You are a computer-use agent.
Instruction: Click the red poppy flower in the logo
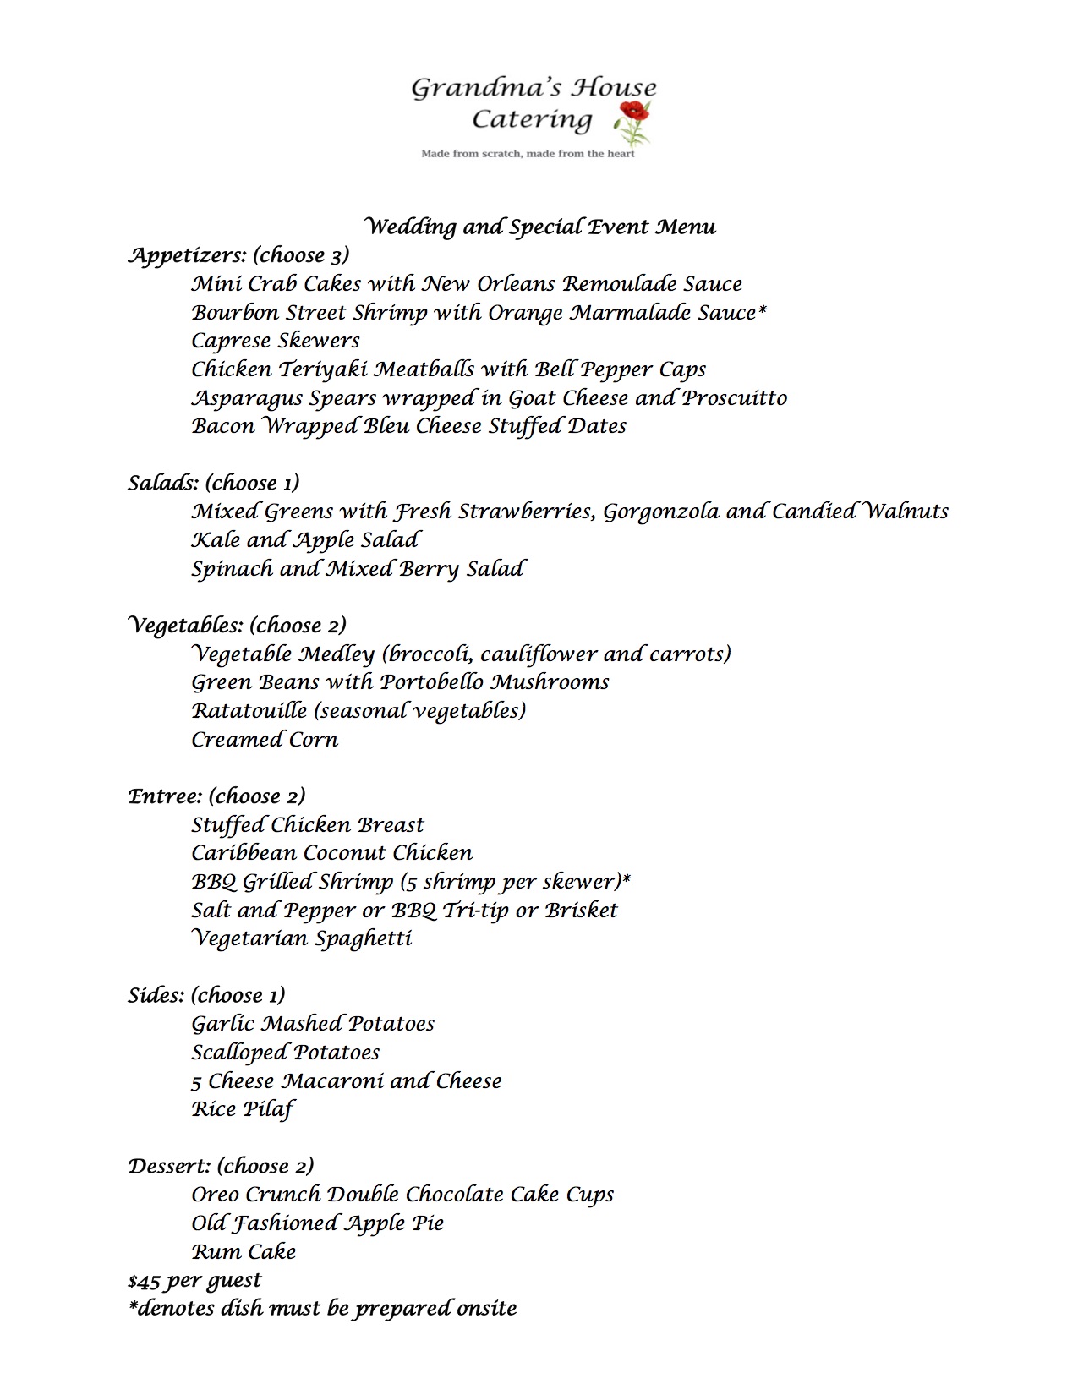coord(632,112)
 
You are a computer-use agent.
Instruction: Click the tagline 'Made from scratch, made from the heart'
coord(528,154)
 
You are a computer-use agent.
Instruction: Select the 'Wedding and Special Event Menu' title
coord(539,227)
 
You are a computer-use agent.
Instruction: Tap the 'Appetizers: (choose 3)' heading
coord(238,255)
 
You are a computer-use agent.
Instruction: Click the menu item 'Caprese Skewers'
coord(275,341)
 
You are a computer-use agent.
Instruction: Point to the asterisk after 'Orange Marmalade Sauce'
coord(763,310)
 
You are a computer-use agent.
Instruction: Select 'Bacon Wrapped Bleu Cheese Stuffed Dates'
coord(408,426)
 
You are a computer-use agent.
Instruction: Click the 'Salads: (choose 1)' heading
coord(213,483)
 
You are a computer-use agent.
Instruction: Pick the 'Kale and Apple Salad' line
coord(304,540)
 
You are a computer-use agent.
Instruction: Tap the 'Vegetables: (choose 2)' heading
coord(237,626)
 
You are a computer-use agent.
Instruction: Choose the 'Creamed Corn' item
coord(264,740)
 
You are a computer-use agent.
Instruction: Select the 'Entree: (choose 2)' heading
coord(216,796)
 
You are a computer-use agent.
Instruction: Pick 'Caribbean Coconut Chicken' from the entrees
coord(331,853)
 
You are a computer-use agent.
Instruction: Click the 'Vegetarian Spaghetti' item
coord(301,938)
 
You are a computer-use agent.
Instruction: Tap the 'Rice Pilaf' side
coord(242,1109)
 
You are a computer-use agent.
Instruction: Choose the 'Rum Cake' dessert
coord(244,1252)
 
